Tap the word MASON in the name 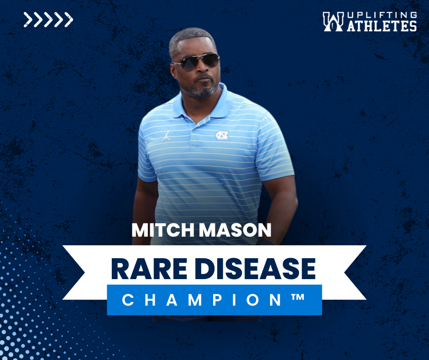coord(235,230)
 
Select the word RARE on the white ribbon coord(149,269)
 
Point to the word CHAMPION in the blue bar coord(202,300)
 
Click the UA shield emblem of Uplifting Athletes coord(333,21)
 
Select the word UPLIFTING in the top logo coord(382,15)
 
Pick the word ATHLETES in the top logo coord(382,26)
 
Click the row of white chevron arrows coord(48,20)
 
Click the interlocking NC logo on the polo coord(222,135)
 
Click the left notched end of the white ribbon coord(74,272)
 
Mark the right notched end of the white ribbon coord(355,272)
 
